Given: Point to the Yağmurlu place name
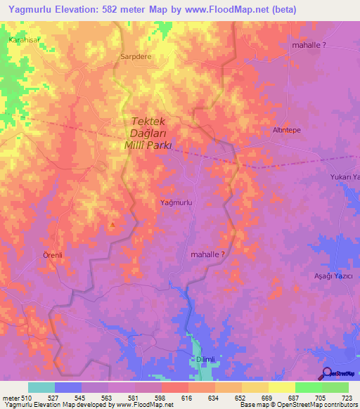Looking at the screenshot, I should pos(176,202).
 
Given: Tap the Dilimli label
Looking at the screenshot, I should pos(205,359).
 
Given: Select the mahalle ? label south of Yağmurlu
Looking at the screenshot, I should pos(208,255).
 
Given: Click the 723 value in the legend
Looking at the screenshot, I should pos(340,398).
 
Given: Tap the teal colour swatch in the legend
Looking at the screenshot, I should pos(41,387).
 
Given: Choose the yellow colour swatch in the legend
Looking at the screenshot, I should pos(281,387).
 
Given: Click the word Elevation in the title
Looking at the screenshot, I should pos(72,10).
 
